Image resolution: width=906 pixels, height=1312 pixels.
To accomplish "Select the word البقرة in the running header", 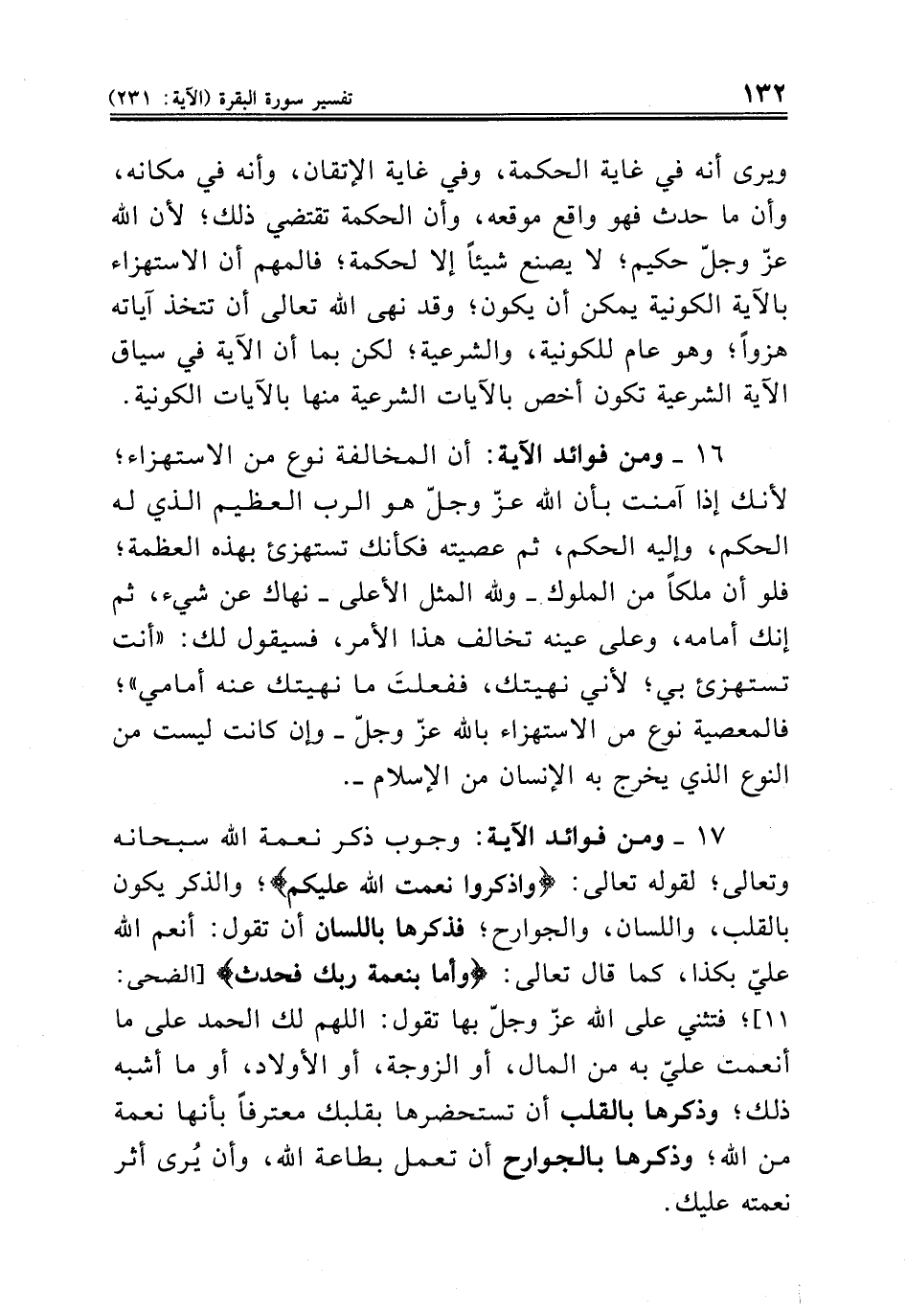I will tap(253, 99).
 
